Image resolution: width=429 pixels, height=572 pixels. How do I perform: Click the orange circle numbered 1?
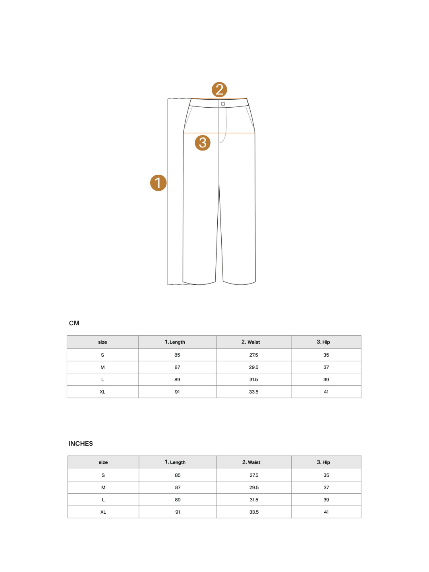tap(158, 183)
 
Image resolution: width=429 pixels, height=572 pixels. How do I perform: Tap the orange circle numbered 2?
tap(219, 90)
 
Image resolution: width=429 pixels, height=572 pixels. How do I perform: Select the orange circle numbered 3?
tap(203, 143)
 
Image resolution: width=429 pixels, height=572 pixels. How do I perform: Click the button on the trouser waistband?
tap(223, 104)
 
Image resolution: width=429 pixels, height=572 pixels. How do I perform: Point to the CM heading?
tap(74, 323)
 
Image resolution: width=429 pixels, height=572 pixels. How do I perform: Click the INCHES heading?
tap(81, 444)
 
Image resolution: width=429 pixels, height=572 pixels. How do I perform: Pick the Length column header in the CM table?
tap(175, 342)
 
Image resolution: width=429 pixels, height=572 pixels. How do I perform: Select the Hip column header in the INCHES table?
tap(323, 462)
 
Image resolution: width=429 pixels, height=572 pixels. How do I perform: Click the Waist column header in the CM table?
tap(251, 342)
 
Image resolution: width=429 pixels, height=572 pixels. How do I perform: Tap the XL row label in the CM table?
tap(102, 392)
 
